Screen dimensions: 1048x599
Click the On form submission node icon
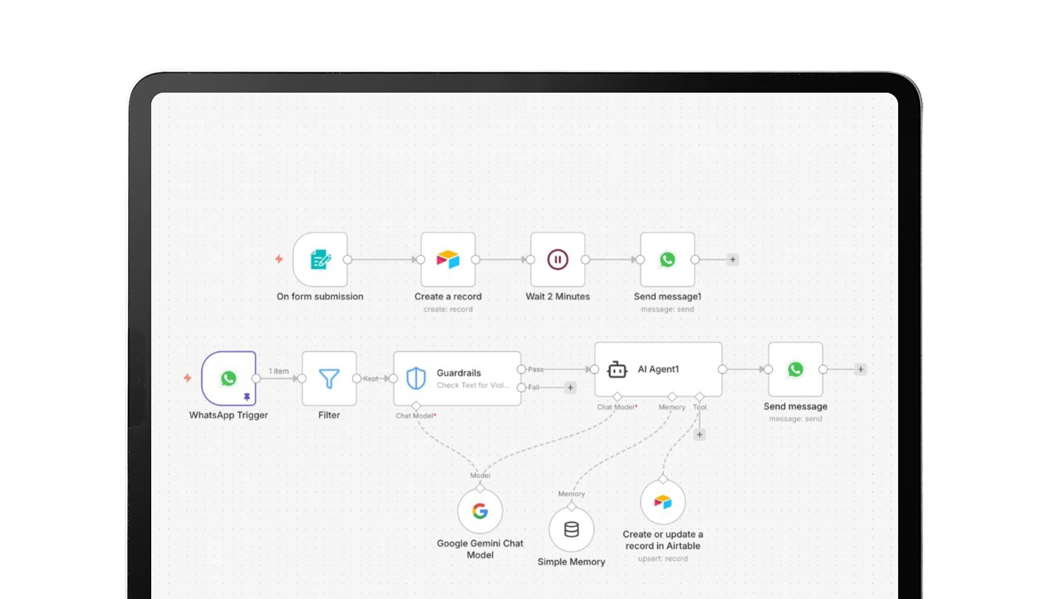tap(320, 260)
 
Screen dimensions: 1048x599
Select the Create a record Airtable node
tap(448, 260)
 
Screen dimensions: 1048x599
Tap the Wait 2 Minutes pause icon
tap(558, 260)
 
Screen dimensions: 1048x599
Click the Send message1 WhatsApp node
tap(667, 260)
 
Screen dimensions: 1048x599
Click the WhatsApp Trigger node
tap(229, 378)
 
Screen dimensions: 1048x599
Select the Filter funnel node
tap(329, 379)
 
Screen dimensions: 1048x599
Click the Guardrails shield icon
tap(416, 378)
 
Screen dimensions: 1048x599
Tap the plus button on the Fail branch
tap(571, 388)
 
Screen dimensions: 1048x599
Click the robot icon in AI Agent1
tap(617, 369)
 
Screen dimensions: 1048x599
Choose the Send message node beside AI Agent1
tap(795, 369)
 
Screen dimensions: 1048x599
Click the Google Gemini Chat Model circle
tap(480, 511)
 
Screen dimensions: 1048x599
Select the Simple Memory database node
tap(571, 529)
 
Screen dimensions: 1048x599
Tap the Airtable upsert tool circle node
tap(663, 502)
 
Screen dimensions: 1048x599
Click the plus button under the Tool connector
tap(699, 435)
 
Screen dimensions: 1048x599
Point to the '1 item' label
tap(279, 371)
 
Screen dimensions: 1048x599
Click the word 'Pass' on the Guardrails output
tap(536, 369)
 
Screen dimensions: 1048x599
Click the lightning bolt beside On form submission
tap(279, 259)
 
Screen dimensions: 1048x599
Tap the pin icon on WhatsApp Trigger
tap(247, 397)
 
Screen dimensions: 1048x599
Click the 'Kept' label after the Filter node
tap(370, 379)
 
